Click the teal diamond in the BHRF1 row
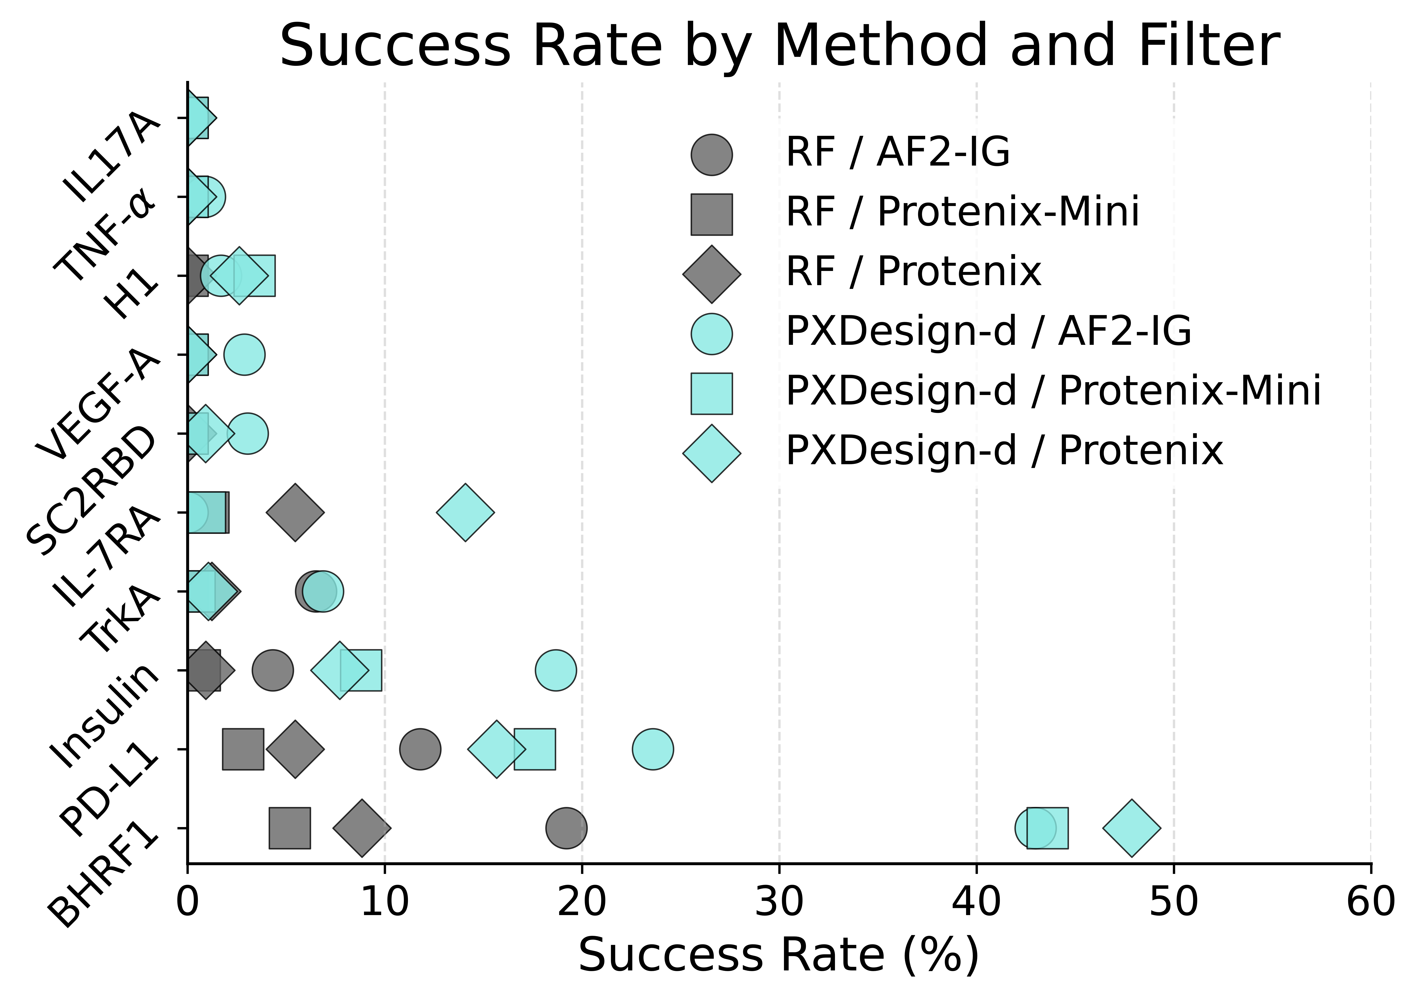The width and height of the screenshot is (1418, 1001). tap(1131, 828)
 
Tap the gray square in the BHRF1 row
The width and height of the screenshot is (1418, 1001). tap(290, 828)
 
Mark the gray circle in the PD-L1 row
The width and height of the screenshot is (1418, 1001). tap(420, 749)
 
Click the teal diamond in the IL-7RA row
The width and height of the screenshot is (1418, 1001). tap(465, 512)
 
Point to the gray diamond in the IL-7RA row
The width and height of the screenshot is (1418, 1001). tap(295, 512)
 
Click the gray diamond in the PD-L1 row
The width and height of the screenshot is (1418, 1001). tap(295, 749)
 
